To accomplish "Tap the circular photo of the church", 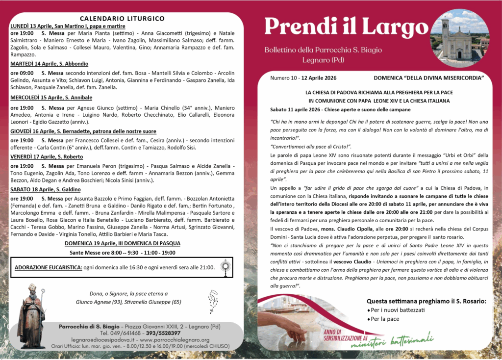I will click(459, 35).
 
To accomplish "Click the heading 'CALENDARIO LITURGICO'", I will click(122, 19).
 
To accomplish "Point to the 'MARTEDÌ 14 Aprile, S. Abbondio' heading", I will click(49, 64).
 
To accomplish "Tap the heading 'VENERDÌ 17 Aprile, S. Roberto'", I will click(47, 157).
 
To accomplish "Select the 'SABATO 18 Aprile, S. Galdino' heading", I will click(46, 189).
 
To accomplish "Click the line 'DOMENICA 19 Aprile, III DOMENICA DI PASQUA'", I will click(122, 243).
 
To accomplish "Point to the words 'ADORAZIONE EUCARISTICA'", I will click(48, 267).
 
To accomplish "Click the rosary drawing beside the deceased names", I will click(212, 300).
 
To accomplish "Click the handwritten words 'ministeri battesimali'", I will click(391, 341).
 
